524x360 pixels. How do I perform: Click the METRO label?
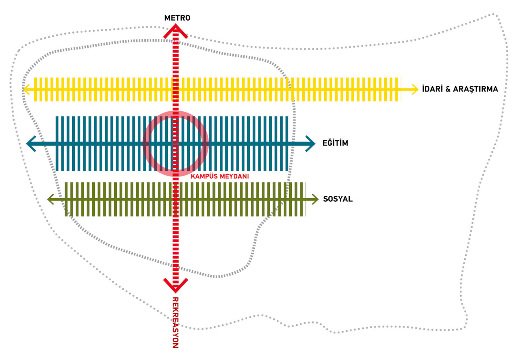177,18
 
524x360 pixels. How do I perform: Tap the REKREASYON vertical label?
175,322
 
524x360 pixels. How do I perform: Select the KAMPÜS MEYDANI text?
220,177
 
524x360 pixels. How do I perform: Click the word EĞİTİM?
335,143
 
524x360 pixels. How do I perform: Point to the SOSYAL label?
338,199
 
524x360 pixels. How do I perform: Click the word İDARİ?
432,89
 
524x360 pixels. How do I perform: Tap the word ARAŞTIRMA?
475,89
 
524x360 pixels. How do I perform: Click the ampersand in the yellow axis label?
448,89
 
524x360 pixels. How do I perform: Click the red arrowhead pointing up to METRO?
176,30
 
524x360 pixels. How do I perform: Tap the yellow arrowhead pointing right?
415,89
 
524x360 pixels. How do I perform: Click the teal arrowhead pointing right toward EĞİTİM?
311,143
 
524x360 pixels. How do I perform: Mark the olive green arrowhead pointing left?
51,199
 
